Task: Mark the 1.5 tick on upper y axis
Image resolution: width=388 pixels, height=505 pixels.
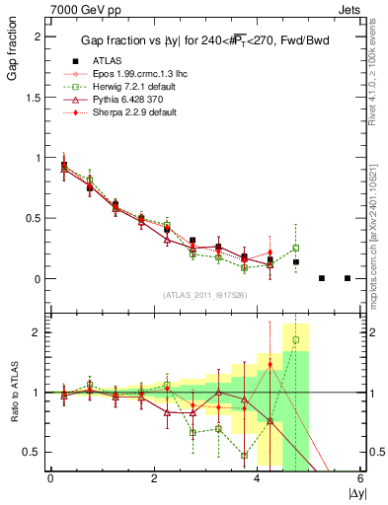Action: click(36, 97)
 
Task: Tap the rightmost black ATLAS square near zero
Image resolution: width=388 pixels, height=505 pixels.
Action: click(348, 278)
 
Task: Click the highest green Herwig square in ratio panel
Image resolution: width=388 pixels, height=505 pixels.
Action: click(296, 340)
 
